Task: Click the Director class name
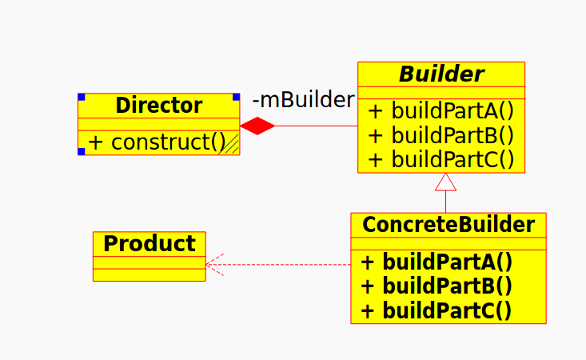point(158,106)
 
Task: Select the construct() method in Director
point(156,142)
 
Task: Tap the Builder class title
point(441,74)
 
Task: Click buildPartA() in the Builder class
point(440,111)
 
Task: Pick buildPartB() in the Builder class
point(440,135)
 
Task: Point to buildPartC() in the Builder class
point(440,159)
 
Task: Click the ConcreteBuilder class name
point(448,225)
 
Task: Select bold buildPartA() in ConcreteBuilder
point(437,262)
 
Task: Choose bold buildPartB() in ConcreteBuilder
point(437,286)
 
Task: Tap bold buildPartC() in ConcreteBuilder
point(437,310)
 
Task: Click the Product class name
point(149,243)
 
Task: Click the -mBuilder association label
point(303,100)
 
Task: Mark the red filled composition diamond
point(257,126)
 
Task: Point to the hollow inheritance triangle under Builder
point(445,182)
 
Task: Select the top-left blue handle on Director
point(82,97)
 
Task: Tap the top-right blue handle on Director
point(236,97)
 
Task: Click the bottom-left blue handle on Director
point(82,151)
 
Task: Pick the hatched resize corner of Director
point(233,146)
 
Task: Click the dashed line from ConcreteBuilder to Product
point(288,264)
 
